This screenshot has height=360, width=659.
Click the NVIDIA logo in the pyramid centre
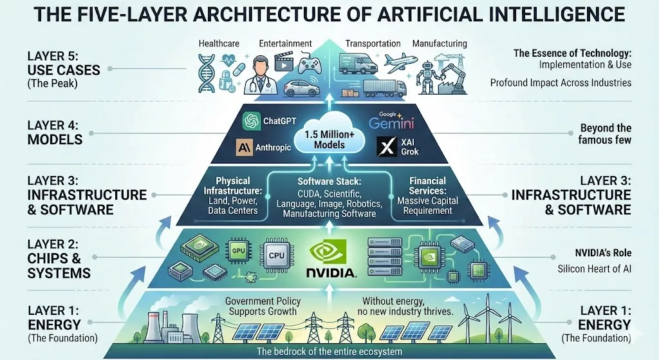pyautogui.click(x=332, y=258)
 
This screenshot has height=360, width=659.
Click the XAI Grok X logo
pyautogui.click(x=384, y=147)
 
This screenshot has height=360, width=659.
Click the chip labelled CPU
pyautogui.click(x=277, y=255)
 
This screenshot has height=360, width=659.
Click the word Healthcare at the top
pyautogui.click(x=219, y=44)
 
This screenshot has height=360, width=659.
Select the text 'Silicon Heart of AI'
pyautogui.click(x=594, y=269)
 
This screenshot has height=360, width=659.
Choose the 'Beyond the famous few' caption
pyautogui.click(x=604, y=133)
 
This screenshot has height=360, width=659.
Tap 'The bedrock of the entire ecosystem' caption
pyautogui.click(x=329, y=352)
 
